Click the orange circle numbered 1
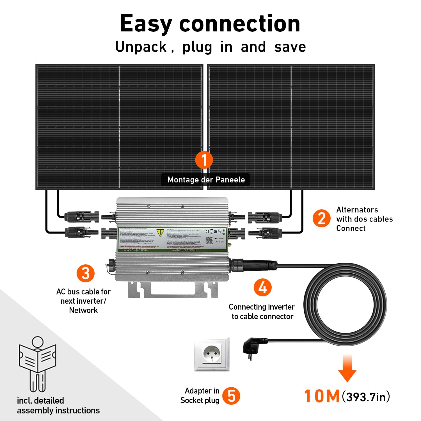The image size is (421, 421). (x=204, y=160)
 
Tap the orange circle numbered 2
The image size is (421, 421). (x=322, y=218)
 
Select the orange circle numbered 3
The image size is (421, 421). (x=86, y=273)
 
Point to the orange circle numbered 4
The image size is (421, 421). (x=262, y=287)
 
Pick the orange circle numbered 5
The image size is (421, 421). (x=231, y=396)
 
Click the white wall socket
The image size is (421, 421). (x=212, y=354)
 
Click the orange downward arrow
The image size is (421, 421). (x=347, y=368)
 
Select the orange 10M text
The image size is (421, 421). (x=322, y=396)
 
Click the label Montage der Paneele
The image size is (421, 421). (x=206, y=180)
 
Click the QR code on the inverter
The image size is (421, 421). (x=209, y=241)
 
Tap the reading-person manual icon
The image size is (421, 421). (x=37, y=363)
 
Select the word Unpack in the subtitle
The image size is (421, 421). (x=141, y=47)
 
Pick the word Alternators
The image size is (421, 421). (x=357, y=210)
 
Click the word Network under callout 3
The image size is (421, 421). (x=83, y=310)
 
